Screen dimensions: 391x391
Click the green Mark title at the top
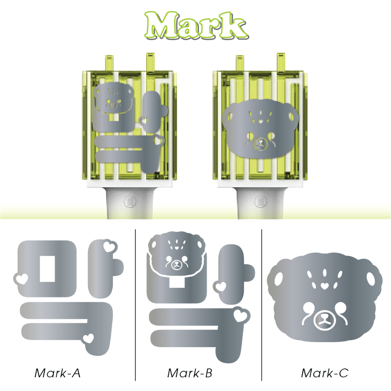[x=197, y=25]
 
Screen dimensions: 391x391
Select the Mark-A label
[x=58, y=373]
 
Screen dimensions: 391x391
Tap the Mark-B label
[x=190, y=373]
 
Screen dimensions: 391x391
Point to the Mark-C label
[x=325, y=373]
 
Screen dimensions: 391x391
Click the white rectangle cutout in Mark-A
[x=47, y=269]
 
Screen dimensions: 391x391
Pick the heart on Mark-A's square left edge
[x=22, y=279]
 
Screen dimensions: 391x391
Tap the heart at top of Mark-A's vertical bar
[x=109, y=247]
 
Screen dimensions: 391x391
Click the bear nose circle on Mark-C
[x=324, y=320]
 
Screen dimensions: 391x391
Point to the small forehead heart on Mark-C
[x=325, y=286]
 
